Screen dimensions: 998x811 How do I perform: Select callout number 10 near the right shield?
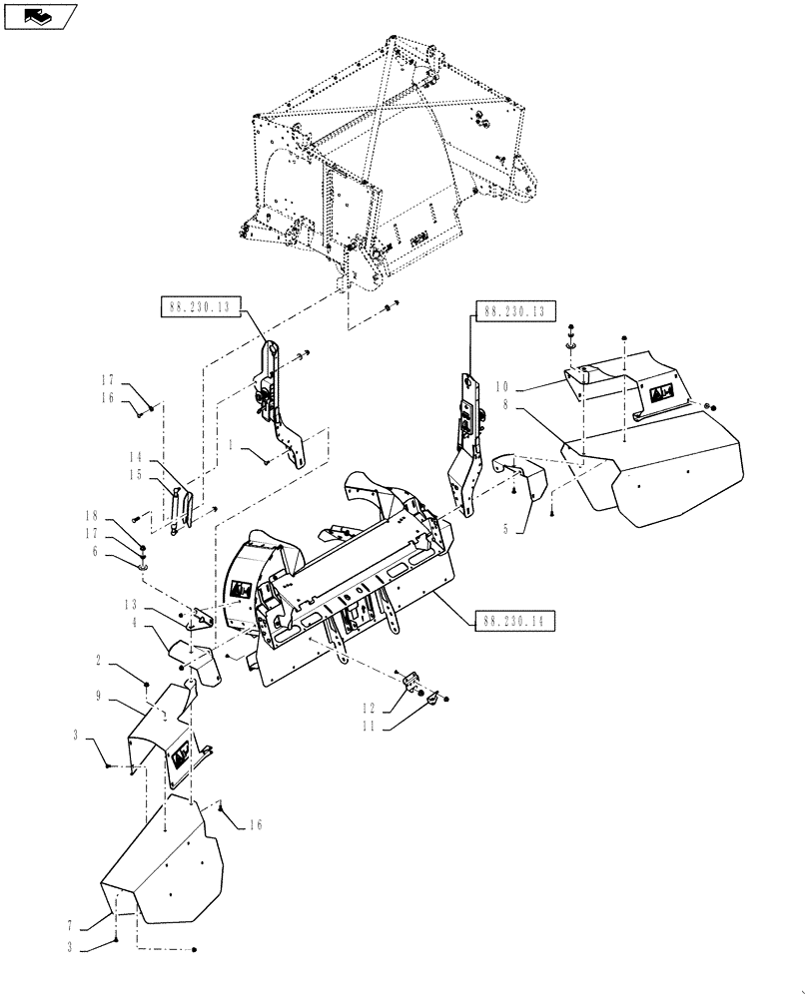pos(501,385)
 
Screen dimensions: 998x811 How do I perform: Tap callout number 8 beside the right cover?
pos(506,406)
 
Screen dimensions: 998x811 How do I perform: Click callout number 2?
pos(100,660)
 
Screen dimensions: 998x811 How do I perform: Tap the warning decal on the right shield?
pos(662,395)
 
